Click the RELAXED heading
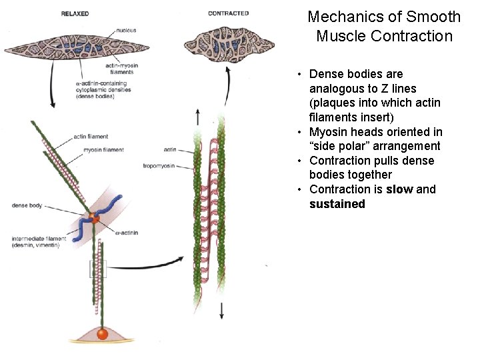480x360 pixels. [x=75, y=13]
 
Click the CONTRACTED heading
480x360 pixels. [x=228, y=13]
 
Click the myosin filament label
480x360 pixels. [x=103, y=150]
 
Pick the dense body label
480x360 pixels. [x=27, y=205]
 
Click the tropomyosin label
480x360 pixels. [x=159, y=165]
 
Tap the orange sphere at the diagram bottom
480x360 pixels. [x=103, y=333]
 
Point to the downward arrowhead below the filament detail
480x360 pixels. [x=221, y=315]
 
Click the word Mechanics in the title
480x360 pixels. [x=341, y=17]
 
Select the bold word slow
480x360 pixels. [x=399, y=189]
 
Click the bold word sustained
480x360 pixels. [x=337, y=204]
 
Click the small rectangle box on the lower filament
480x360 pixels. [x=98, y=268]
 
